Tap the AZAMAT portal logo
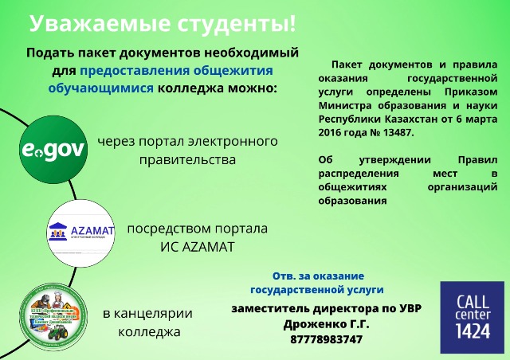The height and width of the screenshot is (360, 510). (x=82, y=232)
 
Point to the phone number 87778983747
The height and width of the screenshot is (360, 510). (x=327, y=339)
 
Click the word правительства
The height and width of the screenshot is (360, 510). (x=187, y=160)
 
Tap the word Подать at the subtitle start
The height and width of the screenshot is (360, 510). (x=53, y=53)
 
